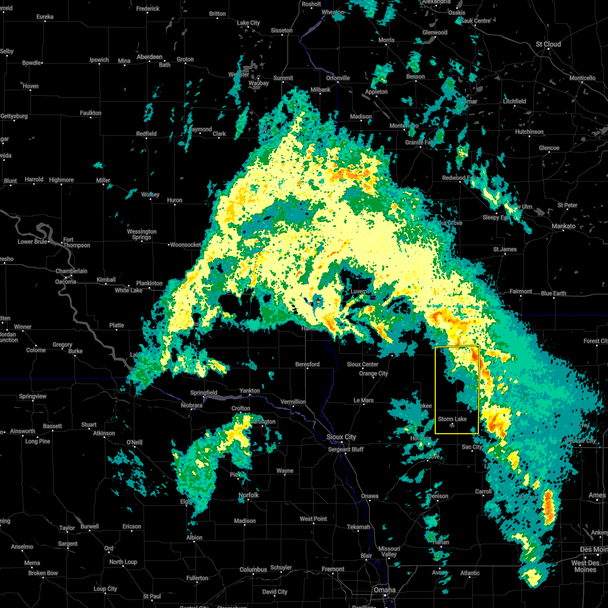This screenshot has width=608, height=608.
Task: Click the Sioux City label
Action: (x=341, y=437)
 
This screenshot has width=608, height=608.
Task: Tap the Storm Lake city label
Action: (x=452, y=419)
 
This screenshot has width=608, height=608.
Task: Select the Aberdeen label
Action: (x=149, y=57)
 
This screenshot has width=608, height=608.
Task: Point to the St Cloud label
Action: (x=548, y=44)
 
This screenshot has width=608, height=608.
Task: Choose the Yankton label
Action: (x=249, y=391)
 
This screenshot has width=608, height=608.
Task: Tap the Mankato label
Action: (x=563, y=226)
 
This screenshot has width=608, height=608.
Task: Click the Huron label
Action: (x=174, y=200)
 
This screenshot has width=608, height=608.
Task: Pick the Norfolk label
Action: (x=248, y=495)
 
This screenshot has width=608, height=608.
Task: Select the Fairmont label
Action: (x=521, y=291)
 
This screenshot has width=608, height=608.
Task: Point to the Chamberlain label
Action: (x=71, y=271)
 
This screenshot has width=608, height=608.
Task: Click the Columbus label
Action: (x=253, y=569)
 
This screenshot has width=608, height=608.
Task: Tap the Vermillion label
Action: (x=293, y=402)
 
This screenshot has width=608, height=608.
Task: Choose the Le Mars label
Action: (x=363, y=400)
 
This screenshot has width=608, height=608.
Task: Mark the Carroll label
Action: (x=483, y=491)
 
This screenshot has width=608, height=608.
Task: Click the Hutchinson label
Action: (x=529, y=132)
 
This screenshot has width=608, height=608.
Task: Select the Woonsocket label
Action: (x=185, y=245)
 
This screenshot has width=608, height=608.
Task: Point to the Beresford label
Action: (x=308, y=364)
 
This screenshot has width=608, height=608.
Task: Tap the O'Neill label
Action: (x=134, y=442)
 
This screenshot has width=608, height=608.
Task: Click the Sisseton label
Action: (x=281, y=30)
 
